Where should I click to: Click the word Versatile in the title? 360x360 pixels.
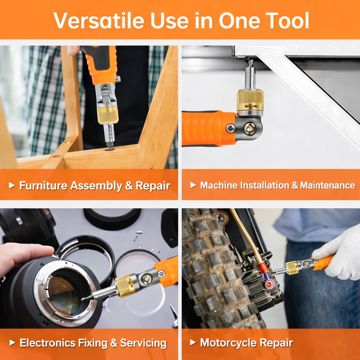point(99,21)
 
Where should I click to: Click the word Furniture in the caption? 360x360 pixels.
point(43,185)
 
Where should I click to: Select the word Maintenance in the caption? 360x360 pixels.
point(328,185)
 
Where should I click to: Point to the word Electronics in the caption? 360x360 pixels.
point(47,343)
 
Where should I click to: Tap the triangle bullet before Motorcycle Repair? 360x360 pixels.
point(193,342)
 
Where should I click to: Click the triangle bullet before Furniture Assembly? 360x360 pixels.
point(12,185)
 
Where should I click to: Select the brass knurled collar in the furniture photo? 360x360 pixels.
point(108,115)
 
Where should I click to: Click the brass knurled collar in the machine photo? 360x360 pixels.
point(250,100)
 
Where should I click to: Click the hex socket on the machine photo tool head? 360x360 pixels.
point(250,128)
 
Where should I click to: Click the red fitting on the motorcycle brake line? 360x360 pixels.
point(263,268)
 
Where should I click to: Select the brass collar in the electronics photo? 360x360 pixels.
point(126,286)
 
